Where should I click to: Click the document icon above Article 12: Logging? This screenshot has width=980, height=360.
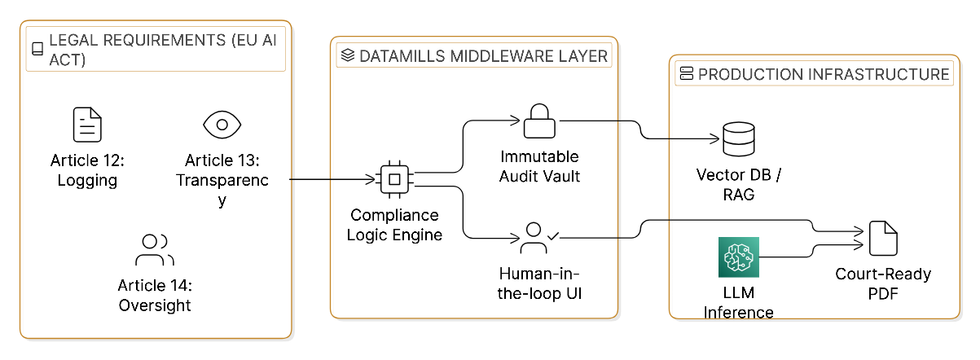[x=87, y=125]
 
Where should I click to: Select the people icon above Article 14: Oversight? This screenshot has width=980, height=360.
[x=155, y=250]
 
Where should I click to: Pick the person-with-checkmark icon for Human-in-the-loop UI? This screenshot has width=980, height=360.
[x=538, y=237]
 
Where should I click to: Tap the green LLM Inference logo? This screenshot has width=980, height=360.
[x=738, y=258]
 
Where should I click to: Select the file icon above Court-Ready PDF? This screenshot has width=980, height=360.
[x=883, y=239]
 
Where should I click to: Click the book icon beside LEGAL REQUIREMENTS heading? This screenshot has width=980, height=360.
[x=37, y=48]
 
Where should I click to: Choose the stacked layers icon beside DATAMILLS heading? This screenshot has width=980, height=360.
[x=348, y=56]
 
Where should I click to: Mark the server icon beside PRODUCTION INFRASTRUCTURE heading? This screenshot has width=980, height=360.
[x=686, y=75]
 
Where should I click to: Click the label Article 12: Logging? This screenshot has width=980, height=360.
[x=87, y=169]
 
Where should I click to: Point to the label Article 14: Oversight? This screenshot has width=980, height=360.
[x=155, y=295]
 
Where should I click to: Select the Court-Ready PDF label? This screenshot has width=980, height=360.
[x=883, y=284]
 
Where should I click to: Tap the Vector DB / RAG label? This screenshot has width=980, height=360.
[x=739, y=185]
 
